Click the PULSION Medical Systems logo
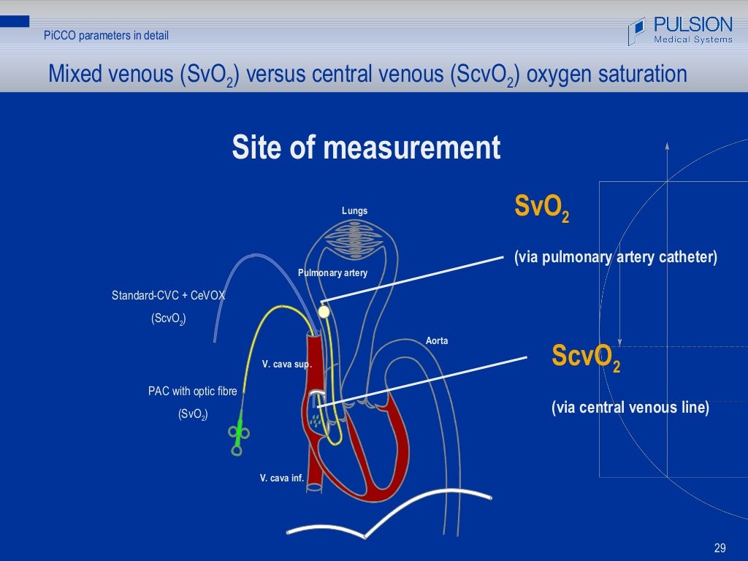[680, 30]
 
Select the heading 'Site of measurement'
[366, 148]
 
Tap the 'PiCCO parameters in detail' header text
[106, 35]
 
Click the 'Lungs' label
[355, 211]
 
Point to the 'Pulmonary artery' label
[332, 272]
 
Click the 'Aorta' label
[437, 341]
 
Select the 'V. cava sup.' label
[286, 364]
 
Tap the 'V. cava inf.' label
[281, 478]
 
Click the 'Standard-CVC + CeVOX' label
[168, 296]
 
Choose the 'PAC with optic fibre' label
[193, 392]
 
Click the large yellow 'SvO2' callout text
[541, 207]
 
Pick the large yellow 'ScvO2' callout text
[586, 357]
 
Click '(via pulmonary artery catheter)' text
[615, 257]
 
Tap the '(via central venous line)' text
[630, 408]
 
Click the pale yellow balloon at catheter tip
[324, 312]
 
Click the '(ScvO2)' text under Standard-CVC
[168, 318]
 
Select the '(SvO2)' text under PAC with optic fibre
[193, 414]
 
